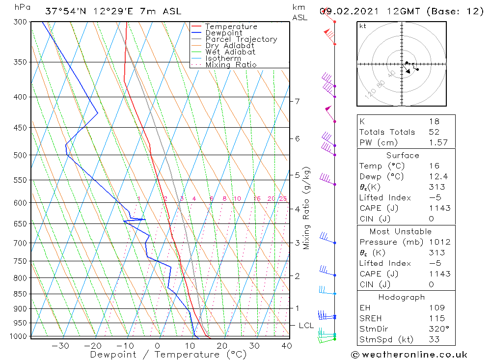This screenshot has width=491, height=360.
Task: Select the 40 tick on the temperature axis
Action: [x=287, y=346]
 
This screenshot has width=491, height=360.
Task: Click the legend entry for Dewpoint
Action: [x=223, y=33]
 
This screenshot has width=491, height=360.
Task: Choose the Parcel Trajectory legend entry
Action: [x=241, y=39]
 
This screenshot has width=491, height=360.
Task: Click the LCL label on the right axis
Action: [x=306, y=326]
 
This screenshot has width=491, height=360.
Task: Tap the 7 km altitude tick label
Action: [x=297, y=102]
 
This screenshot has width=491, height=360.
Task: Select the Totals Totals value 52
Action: [x=434, y=132]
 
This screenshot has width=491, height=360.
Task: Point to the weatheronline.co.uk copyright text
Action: [x=409, y=355]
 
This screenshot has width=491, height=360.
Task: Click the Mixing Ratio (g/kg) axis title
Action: [x=307, y=208]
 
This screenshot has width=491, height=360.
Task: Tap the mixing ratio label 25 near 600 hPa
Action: [x=283, y=199]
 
